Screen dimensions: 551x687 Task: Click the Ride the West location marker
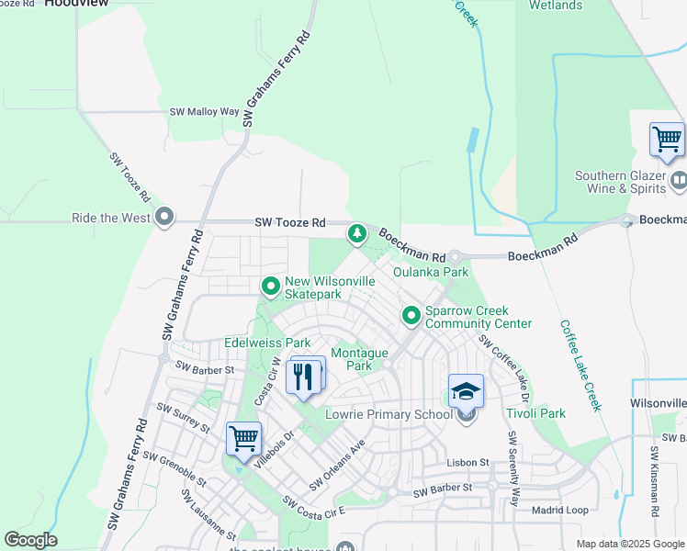164,219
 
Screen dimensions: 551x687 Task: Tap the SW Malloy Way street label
204,112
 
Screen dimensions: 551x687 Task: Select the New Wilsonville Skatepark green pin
270,287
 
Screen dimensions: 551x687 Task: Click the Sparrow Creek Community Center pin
411,317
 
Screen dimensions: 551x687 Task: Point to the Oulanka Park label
431,272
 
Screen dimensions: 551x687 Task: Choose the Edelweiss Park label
267,343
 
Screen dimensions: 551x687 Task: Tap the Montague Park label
359,359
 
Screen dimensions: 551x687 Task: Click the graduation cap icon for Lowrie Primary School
466,392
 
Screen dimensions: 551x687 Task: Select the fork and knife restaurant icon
305,376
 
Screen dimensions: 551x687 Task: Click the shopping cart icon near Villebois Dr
243,439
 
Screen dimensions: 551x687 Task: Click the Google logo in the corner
30,540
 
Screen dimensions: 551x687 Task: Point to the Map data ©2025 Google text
629,544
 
